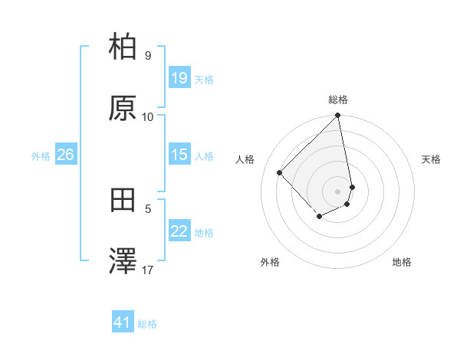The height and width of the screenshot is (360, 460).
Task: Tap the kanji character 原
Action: [123, 109]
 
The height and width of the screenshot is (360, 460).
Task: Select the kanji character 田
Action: [123, 201]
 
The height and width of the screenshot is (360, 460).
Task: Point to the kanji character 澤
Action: [123, 262]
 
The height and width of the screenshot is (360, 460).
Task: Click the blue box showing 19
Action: [179, 78]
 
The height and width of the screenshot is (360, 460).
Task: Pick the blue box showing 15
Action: [179, 155]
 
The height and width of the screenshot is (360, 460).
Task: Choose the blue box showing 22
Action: [179, 231]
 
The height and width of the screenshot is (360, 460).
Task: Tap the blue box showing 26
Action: [65, 155]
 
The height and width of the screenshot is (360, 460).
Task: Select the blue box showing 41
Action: [123, 322]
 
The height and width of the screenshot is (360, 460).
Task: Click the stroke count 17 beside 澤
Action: [148, 270]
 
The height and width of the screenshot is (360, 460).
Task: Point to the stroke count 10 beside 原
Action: [148, 116]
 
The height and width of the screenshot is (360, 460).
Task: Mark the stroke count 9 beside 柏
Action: [148, 55]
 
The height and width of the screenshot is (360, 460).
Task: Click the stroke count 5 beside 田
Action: [148, 208]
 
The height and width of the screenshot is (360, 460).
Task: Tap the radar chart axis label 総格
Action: [338, 100]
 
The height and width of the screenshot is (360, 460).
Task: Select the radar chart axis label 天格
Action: [431, 159]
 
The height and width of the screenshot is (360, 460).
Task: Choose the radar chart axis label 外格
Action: [270, 262]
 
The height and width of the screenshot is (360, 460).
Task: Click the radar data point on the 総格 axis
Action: [338, 116]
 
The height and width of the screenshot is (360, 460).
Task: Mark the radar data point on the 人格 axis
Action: [280, 172]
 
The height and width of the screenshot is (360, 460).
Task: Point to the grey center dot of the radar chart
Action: [338, 191]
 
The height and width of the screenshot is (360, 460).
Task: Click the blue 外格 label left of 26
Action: [41, 155]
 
